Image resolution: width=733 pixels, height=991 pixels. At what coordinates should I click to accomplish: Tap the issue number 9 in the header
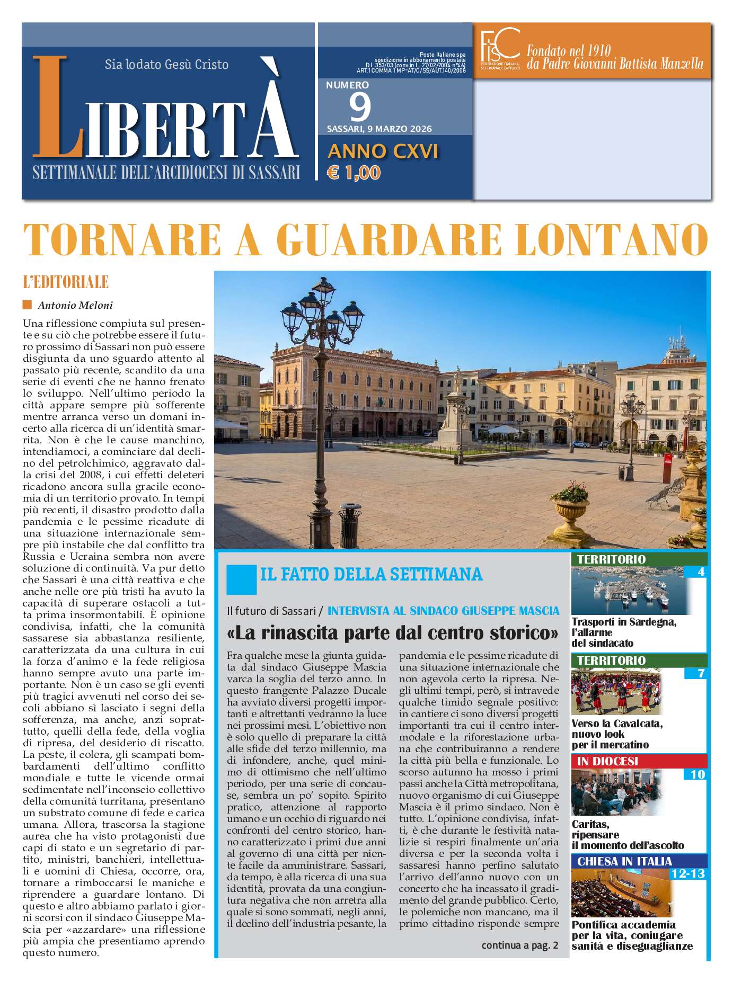(x=360, y=106)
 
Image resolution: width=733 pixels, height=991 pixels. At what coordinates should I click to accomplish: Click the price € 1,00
(x=354, y=173)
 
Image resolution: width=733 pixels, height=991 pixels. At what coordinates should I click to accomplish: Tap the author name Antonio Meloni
(x=75, y=305)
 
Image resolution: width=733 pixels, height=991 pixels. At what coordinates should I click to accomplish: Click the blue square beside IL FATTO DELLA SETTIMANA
(x=241, y=579)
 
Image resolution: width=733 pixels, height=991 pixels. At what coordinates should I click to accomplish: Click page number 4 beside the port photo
(x=701, y=572)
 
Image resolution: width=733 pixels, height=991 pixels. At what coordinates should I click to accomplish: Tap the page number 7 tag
(x=701, y=674)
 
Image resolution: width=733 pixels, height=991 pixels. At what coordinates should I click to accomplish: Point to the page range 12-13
(x=687, y=873)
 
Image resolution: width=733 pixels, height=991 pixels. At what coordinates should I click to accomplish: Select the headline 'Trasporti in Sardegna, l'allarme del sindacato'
(x=624, y=632)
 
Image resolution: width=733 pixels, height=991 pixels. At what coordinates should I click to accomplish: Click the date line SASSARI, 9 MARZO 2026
(x=379, y=129)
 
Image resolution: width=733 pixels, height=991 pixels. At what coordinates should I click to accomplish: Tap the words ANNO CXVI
(x=383, y=152)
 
